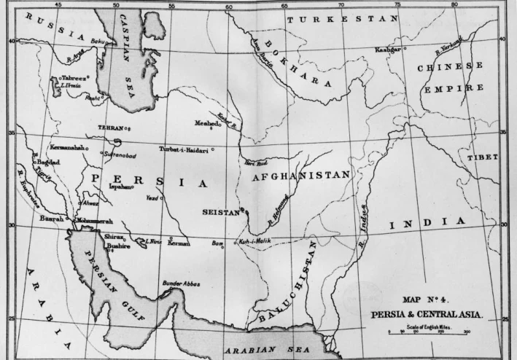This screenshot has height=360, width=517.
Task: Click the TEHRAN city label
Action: [x=111, y=128]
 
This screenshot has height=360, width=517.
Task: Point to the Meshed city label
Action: [x=207, y=123]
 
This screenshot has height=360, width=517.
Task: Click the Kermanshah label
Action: [x=67, y=147]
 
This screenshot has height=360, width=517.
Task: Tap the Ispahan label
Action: [x=120, y=187]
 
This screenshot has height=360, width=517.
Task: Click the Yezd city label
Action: [x=151, y=197]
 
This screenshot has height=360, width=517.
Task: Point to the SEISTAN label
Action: [x=220, y=212]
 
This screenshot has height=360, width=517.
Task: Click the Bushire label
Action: [x=98, y=246]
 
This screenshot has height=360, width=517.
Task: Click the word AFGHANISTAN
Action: [x=301, y=176]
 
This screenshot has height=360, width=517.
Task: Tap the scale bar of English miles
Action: [x=428, y=332]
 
